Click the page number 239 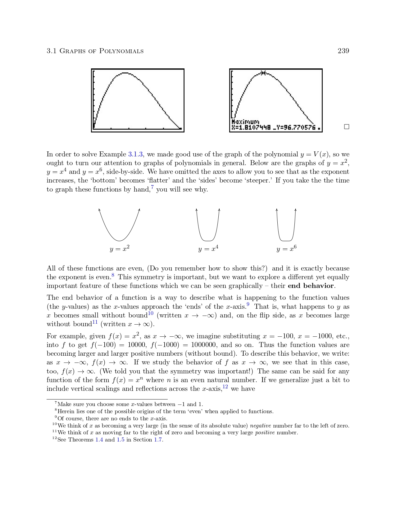coord(343,51)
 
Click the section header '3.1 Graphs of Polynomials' coord(95,51)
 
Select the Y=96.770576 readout coord(296,127)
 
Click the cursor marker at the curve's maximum coord(263,73)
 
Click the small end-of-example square coord(347,127)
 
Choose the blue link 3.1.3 coord(135,154)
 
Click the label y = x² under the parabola coord(120,249)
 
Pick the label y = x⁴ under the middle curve coord(208,249)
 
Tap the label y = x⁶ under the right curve coord(286,249)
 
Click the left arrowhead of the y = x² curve coord(99,210)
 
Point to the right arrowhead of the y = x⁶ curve coord(295,210)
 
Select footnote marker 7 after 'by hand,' coord(152,187)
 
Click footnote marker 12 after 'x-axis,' coord(225,386)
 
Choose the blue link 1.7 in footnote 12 coord(158,440)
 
